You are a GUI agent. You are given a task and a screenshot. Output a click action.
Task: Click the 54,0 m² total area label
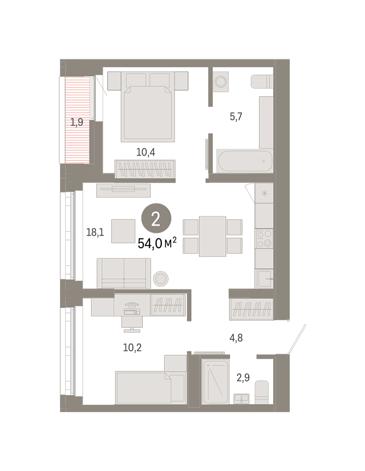(157, 243)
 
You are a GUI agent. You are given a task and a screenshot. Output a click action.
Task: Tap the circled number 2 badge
(156, 218)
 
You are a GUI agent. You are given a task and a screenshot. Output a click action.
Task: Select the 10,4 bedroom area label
(146, 152)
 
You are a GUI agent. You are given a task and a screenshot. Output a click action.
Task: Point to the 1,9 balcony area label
(77, 122)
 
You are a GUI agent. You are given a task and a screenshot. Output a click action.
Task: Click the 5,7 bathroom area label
(236, 116)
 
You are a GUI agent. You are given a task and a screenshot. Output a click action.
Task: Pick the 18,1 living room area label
(95, 232)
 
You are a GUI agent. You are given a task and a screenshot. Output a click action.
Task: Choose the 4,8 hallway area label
(236, 338)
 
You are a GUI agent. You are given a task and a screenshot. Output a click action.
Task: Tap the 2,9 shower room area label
(243, 377)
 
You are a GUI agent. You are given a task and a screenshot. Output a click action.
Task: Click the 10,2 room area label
(132, 347)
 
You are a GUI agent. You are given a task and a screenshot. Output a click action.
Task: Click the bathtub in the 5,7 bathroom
(244, 161)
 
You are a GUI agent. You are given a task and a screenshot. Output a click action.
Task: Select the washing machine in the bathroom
(221, 81)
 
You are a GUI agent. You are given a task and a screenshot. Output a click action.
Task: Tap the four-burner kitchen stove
(264, 238)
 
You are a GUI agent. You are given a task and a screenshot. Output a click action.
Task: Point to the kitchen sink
(264, 279)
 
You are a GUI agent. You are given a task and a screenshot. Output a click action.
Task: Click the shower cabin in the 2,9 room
(215, 382)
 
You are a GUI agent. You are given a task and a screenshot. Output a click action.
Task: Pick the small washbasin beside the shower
(241, 398)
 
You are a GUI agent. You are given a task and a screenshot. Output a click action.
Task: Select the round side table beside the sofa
(161, 279)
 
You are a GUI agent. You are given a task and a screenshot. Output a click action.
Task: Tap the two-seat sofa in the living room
(124, 273)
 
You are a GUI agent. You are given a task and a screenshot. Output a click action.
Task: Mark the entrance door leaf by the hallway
(297, 339)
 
